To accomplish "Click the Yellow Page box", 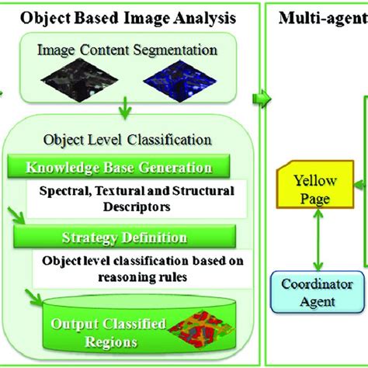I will point(315,189).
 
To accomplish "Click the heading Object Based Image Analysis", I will point(128,16).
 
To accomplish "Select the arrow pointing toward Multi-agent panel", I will point(262,97).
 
